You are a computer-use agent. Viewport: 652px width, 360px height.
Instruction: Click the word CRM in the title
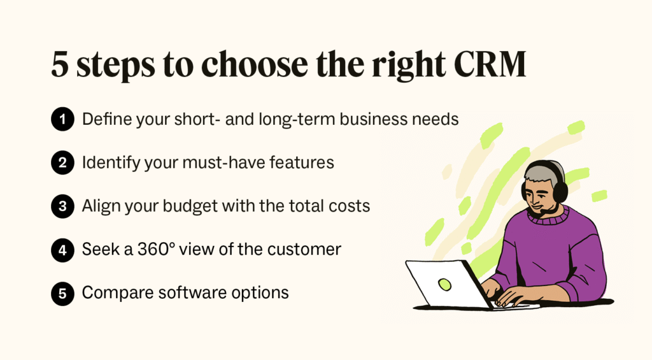[490, 64]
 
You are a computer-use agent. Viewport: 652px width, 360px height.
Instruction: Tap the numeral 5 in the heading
[60, 65]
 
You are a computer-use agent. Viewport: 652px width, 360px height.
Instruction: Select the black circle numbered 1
[63, 119]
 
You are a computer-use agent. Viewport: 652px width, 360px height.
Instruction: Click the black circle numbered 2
[63, 162]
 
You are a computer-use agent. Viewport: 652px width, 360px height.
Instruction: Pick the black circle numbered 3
[63, 206]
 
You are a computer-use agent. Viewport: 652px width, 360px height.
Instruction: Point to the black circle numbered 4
[63, 250]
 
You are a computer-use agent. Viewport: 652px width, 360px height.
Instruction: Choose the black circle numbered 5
[63, 293]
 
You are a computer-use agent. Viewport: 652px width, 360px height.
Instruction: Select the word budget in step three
[190, 206]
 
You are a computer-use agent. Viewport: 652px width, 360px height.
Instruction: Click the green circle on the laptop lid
[444, 285]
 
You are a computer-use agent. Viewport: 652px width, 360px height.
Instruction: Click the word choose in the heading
[255, 64]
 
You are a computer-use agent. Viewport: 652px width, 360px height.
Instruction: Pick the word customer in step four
[304, 250]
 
